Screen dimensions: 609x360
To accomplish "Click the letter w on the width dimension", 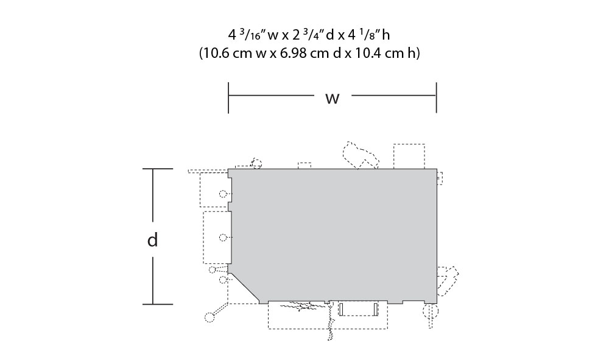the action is click(332, 98).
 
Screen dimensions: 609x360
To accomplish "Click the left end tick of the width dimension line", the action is click(228, 97).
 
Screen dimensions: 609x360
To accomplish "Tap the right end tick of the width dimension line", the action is click(437, 97).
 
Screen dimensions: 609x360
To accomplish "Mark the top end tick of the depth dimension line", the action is click(157, 169).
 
